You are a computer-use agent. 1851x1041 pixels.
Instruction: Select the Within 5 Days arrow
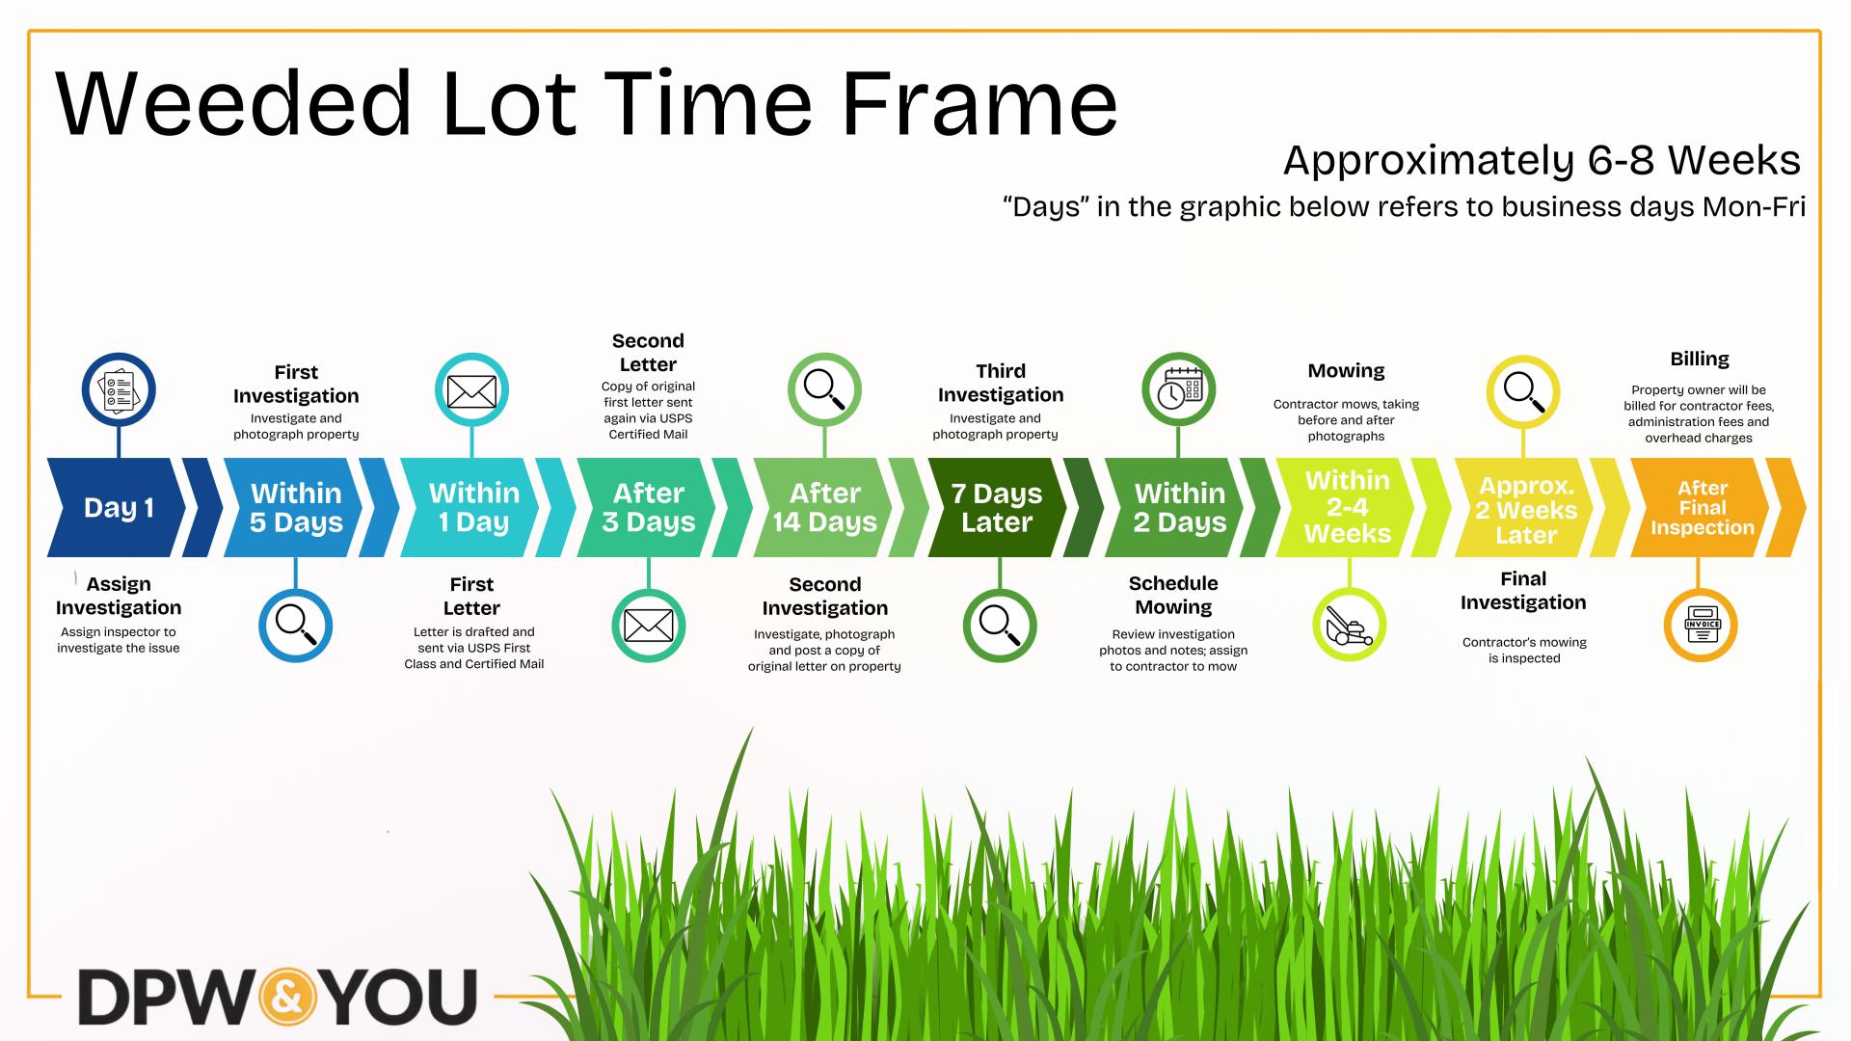click(295, 508)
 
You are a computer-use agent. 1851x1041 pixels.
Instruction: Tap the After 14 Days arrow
click(824, 508)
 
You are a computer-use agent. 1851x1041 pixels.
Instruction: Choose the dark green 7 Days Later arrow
click(997, 508)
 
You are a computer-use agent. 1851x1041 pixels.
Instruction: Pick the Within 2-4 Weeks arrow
click(1347, 507)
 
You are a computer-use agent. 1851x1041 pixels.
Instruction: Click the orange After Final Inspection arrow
click(1702, 508)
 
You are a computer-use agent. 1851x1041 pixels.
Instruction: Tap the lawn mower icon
click(1349, 626)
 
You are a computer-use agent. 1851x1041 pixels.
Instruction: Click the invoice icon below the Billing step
click(1701, 626)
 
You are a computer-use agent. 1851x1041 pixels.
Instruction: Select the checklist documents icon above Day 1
click(119, 390)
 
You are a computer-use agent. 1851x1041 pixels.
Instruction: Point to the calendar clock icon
click(1178, 390)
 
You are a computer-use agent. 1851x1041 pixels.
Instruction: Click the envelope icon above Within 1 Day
click(471, 390)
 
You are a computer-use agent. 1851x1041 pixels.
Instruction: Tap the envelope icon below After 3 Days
click(648, 626)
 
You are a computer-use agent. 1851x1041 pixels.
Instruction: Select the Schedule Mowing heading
click(1173, 596)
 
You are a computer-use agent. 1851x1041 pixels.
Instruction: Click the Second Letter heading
click(648, 353)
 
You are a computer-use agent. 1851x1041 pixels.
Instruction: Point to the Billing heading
click(1699, 359)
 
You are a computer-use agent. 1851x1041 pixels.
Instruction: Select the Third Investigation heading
click(1000, 383)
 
